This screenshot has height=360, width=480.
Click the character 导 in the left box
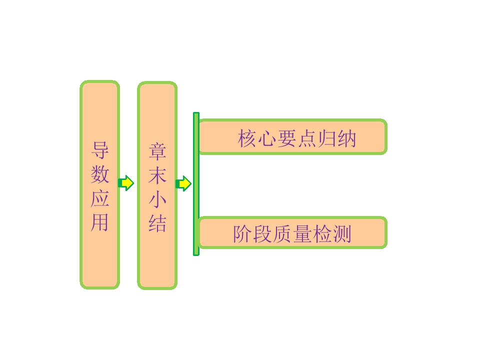point(100,150)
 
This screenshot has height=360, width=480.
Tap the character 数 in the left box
point(100,174)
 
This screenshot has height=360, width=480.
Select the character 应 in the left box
point(100,198)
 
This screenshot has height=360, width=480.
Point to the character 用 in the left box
point(100,222)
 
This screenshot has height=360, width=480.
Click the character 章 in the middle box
point(157,151)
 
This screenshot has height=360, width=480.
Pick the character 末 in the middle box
point(157,175)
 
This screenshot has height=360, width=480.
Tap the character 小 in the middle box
point(157,199)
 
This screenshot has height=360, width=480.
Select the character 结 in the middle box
point(157,223)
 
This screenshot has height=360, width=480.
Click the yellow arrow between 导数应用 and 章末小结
point(126,183)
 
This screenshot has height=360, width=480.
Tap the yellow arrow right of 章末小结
point(183,183)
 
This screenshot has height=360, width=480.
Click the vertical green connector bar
point(196,184)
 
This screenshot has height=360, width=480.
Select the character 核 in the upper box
point(247,138)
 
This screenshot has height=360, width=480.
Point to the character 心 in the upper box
point(267,138)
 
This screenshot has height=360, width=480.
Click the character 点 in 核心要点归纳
point(306,138)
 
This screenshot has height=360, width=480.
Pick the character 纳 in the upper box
point(346,138)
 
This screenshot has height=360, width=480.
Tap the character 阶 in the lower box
point(243,234)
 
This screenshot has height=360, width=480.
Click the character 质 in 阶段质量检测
point(282,234)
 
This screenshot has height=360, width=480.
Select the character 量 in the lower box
point(302,234)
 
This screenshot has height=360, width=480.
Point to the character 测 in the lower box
point(341,234)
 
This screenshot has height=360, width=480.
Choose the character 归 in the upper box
point(326,138)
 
